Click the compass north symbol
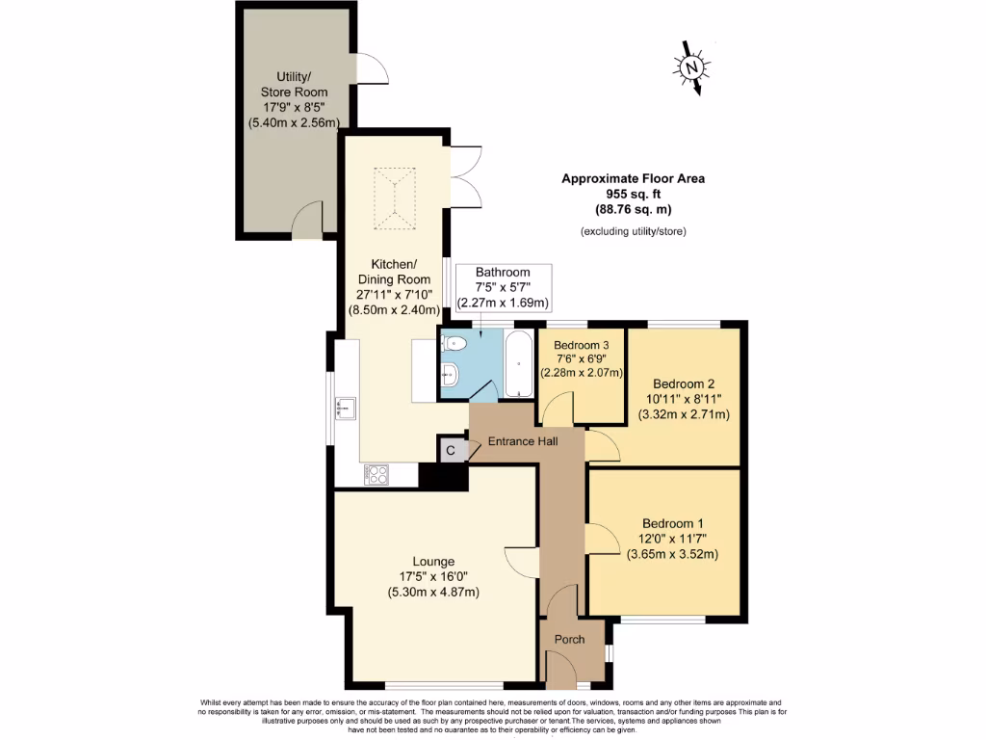tap(691, 67)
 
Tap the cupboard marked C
tap(450, 450)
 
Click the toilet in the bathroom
tap(455, 344)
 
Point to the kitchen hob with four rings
tap(376, 474)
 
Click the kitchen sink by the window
tap(345, 409)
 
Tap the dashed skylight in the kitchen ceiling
tap(395, 199)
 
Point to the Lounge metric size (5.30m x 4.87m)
tap(432, 592)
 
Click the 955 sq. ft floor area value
tap(639, 194)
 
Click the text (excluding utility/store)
tap(633, 231)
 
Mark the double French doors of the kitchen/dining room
tap(464, 177)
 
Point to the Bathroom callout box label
tap(502, 273)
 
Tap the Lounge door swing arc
tap(520, 561)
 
